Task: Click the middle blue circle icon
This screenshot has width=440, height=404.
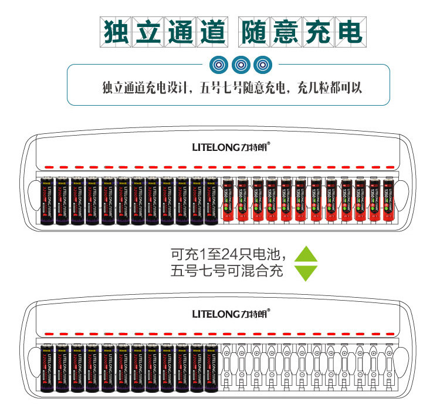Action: [x=240, y=64]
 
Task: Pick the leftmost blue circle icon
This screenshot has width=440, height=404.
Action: [x=218, y=64]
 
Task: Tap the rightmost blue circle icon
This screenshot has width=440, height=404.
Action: [x=262, y=64]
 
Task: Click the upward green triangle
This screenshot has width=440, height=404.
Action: [x=305, y=253]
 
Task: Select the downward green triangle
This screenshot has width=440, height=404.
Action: [x=305, y=272]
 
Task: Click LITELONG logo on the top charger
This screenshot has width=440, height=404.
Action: [x=231, y=147]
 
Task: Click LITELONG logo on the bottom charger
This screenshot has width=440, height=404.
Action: [x=231, y=314]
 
